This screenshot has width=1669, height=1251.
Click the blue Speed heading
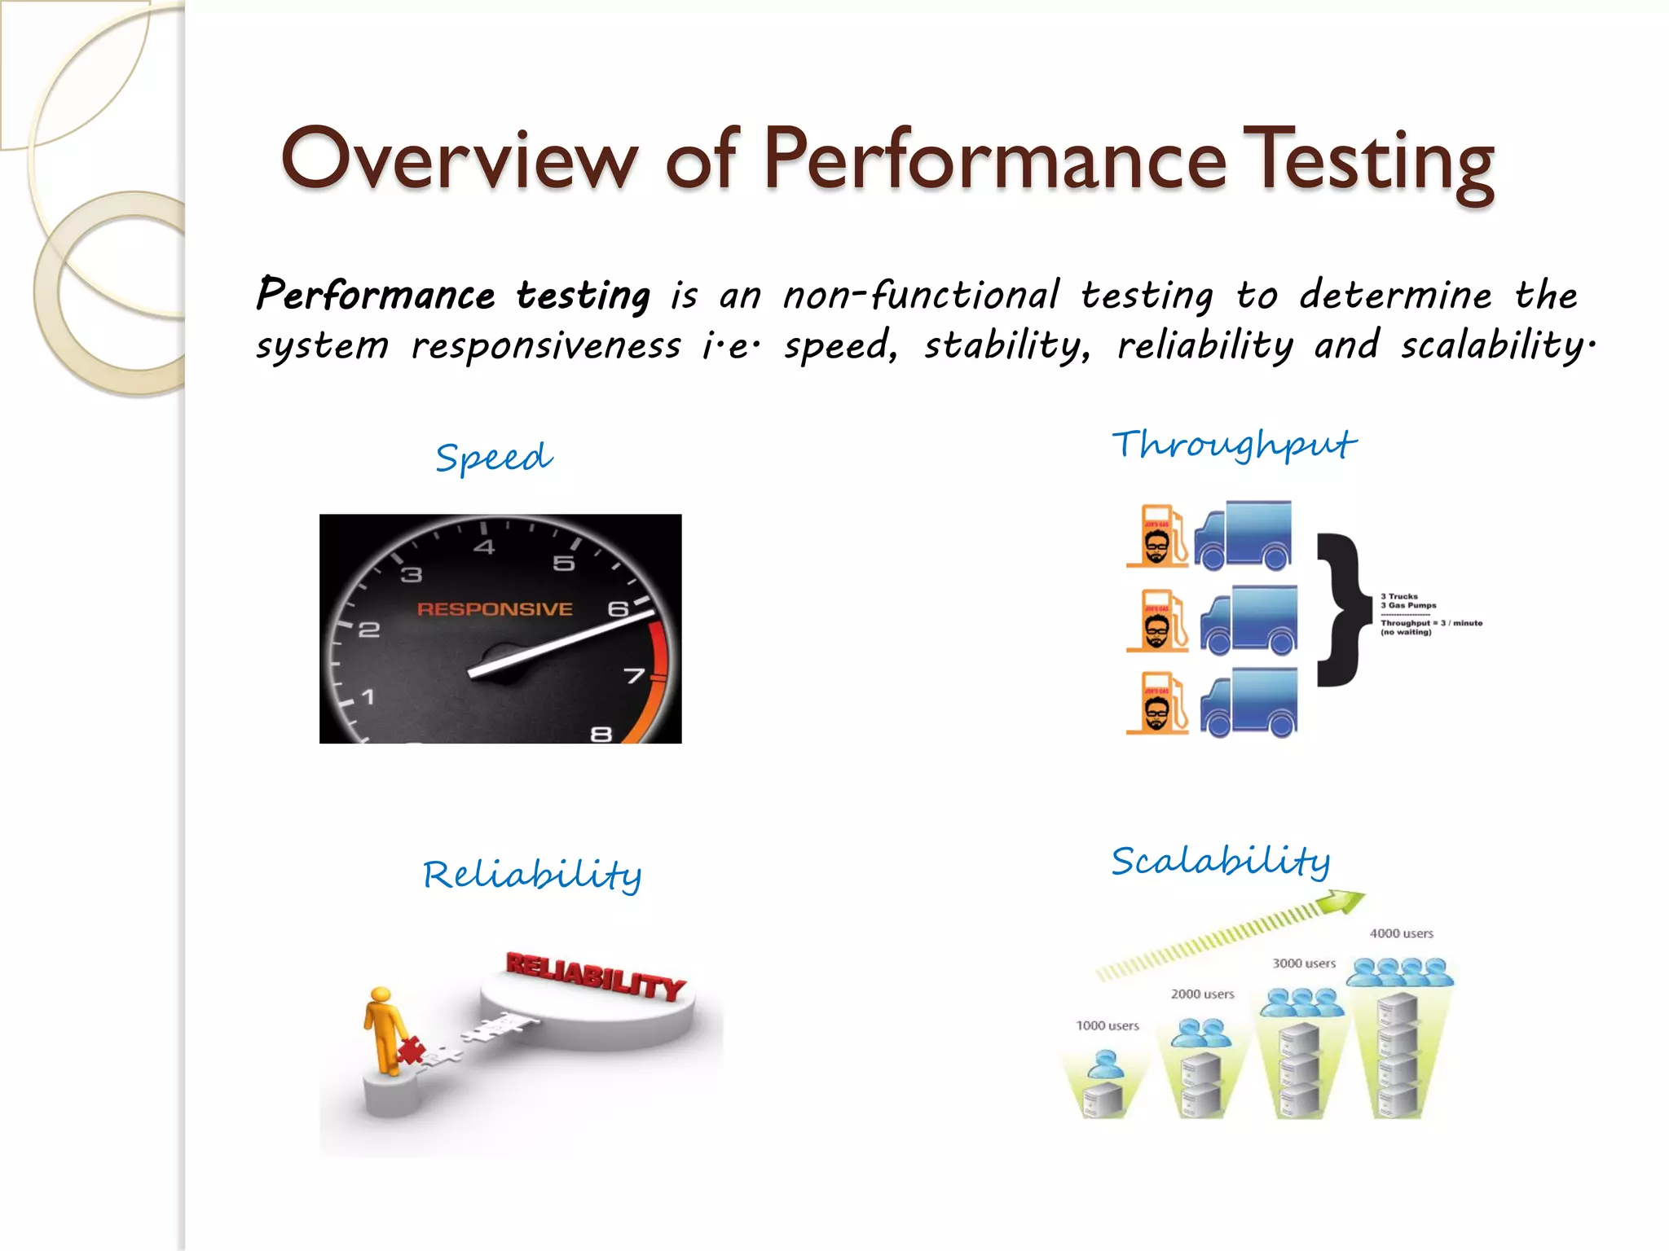(494, 457)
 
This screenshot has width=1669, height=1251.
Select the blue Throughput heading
(1234, 445)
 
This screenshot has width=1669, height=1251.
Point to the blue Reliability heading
(532, 875)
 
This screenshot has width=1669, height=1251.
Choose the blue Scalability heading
(1220, 862)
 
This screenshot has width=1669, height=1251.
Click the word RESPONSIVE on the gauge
(495, 609)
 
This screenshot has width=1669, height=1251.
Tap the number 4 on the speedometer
(484, 546)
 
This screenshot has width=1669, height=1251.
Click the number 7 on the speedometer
(635, 676)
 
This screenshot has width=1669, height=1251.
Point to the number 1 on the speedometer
(368, 697)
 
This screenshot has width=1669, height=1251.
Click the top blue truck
(1244, 535)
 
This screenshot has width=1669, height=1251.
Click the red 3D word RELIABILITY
(595, 974)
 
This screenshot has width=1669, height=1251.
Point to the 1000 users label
(1107, 1025)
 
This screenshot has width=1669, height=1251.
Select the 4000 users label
(1401, 933)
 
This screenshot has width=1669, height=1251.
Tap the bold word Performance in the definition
(376, 295)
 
